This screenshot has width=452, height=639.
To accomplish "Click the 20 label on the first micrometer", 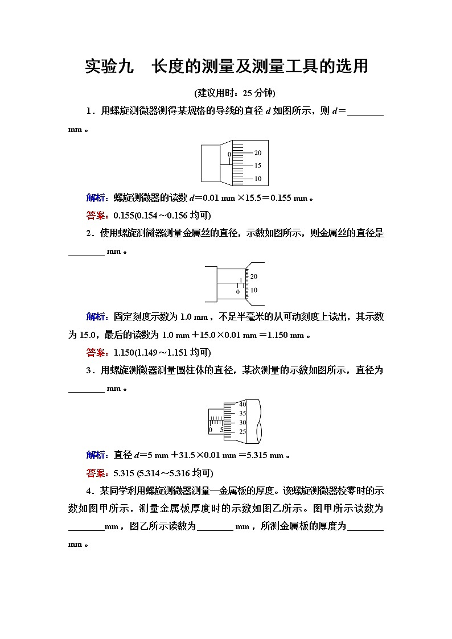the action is pyautogui.click(x=258, y=153).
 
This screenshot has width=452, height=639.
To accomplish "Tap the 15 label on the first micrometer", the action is pyautogui.click(x=258, y=166).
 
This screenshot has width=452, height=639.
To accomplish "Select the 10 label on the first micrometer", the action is pyautogui.click(x=258, y=179).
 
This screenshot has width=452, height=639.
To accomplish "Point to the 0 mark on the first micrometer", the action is pyautogui.click(x=229, y=155).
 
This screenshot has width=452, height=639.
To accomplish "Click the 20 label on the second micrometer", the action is pyautogui.click(x=254, y=277).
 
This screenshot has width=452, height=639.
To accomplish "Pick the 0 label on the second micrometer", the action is pyautogui.click(x=238, y=292).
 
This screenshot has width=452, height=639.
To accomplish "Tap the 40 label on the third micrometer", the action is pyautogui.click(x=243, y=405).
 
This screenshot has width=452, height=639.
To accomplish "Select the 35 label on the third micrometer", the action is pyautogui.click(x=243, y=414).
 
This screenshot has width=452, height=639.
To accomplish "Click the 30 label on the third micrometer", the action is pyautogui.click(x=243, y=423).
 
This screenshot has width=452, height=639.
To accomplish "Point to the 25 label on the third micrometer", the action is pyautogui.click(x=243, y=432).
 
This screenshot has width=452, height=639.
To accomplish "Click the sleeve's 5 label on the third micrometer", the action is pyautogui.click(x=221, y=430).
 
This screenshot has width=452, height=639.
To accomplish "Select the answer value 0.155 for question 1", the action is pyautogui.click(x=124, y=215).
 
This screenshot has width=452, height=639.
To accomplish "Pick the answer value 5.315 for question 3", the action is pyautogui.click(x=124, y=472).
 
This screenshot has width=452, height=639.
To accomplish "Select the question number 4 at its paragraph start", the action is pyautogui.click(x=89, y=490).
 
